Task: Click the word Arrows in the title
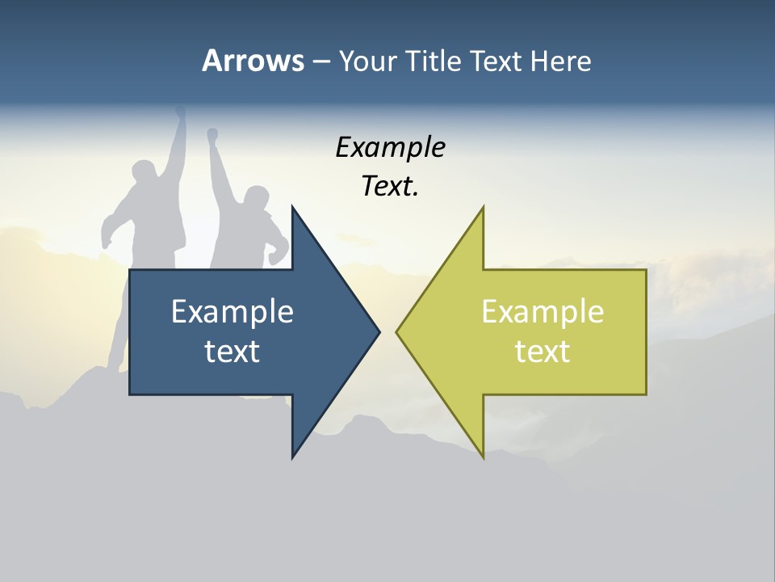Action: [253, 61]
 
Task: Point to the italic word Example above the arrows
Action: [390, 148]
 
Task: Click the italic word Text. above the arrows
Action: [390, 187]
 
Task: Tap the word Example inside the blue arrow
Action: [232, 312]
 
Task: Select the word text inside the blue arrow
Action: [232, 352]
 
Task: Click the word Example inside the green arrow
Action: [542, 312]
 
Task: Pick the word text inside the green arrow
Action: [542, 352]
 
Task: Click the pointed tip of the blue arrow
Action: [379, 331]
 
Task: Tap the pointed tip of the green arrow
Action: [397, 331]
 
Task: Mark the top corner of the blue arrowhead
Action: [293, 207]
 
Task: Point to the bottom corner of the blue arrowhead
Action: [293, 457]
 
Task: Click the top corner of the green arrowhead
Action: [483, 207]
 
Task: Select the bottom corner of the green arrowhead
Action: [483, 457]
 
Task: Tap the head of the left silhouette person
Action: [145, 175]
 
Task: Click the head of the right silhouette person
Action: [256, 199]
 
